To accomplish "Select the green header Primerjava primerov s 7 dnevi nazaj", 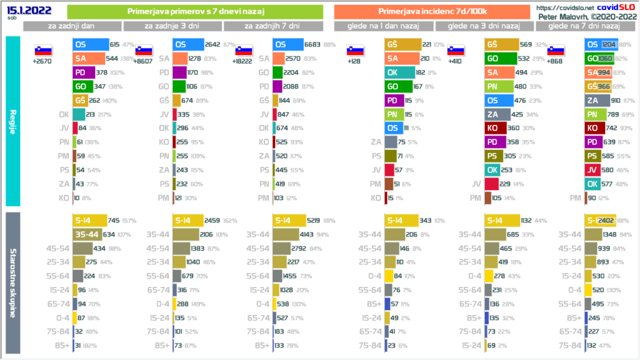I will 194,12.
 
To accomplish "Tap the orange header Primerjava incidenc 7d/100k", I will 432,12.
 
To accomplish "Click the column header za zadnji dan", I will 72,26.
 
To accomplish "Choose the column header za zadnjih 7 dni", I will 272,26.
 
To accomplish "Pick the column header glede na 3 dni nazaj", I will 485,26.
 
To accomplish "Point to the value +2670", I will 42,62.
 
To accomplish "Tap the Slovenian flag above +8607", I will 143,51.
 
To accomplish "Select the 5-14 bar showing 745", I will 89,221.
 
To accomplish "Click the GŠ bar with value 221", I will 401,44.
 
